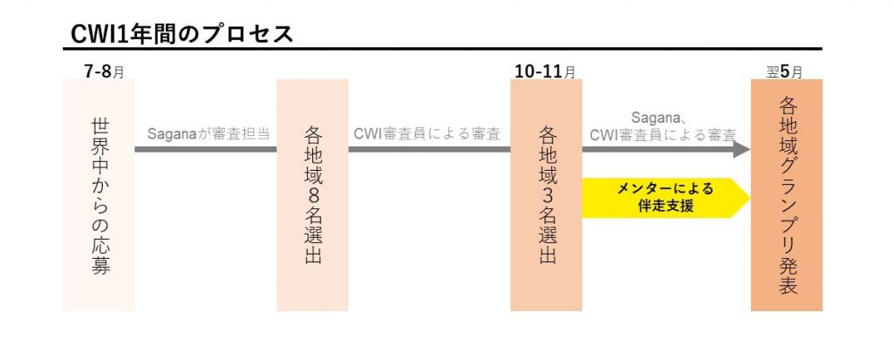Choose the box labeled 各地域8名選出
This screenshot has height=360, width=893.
pyautogui.click(x=312, y=195)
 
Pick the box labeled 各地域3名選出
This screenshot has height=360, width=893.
pyautogui.click(x=547, y=195)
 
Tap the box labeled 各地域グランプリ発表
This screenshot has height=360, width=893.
pyautogui.click(x=786, y=195)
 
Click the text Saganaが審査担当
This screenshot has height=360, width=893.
pyautogui.click(x=207, y=133)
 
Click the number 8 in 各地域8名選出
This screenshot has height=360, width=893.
pyautogui.click(x=312, y=196)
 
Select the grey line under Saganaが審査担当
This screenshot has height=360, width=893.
pyautogui.click(x=206, y=149)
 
